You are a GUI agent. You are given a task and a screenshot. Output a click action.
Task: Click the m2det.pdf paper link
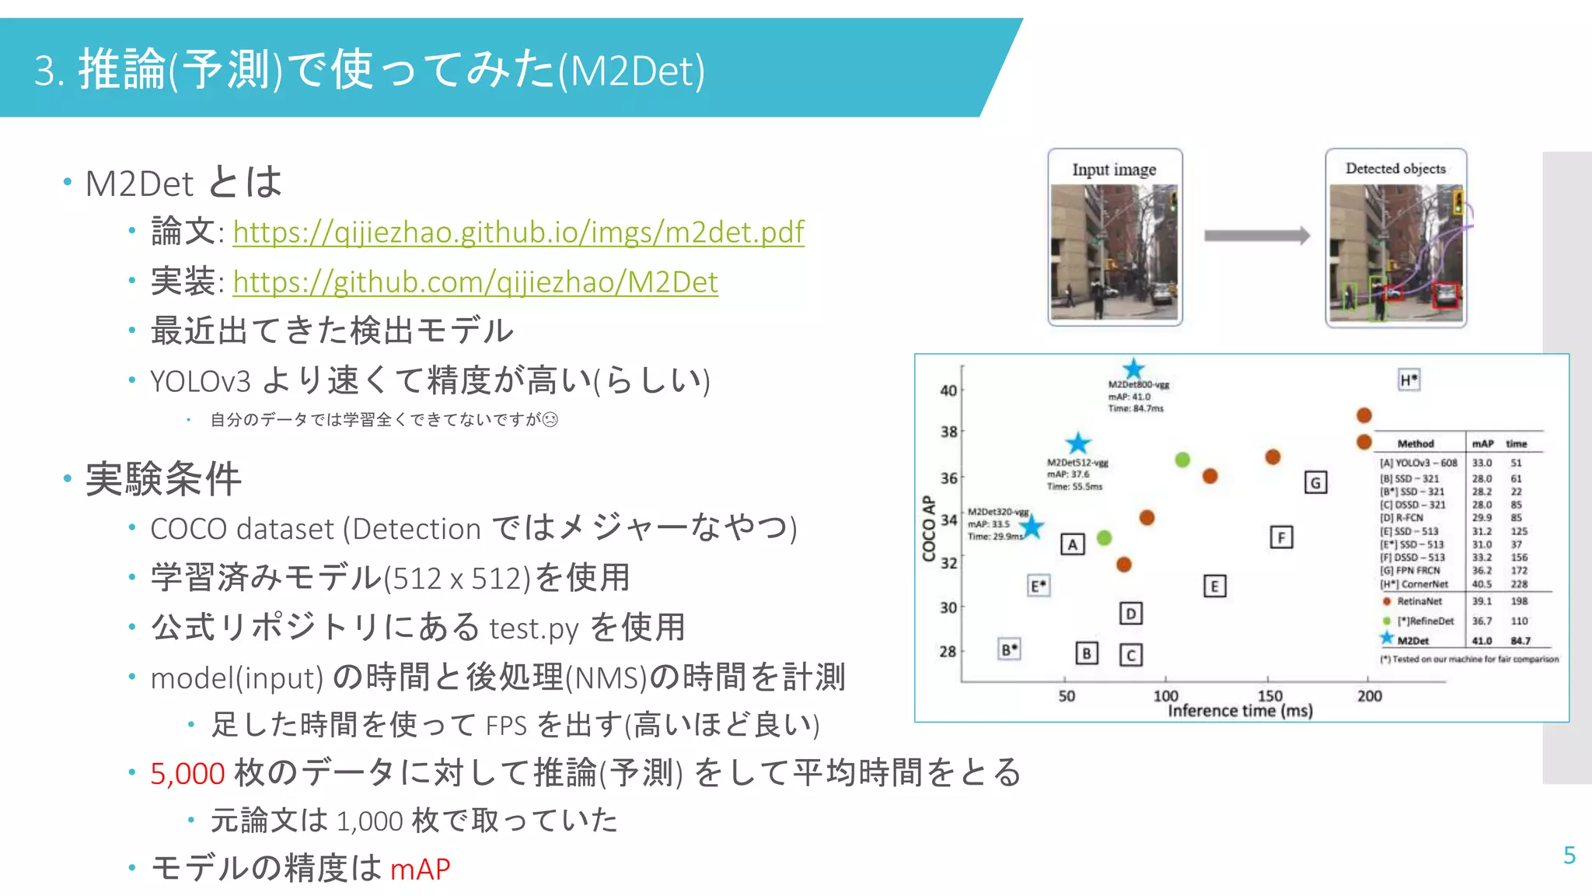click(518, 232)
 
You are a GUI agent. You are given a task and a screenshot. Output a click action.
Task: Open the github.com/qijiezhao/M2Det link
click(475, 282)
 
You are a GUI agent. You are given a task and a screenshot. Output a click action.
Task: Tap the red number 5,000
click(187, 773)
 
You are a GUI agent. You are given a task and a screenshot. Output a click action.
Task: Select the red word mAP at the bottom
click(420, 869)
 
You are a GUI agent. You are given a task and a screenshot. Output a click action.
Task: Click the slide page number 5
click(1569, 856)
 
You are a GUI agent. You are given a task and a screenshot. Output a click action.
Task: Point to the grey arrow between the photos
click(1256, 236)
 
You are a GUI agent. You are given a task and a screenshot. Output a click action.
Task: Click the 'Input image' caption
click(1114, 170)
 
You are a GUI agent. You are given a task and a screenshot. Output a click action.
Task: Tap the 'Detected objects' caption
click(1395, 169)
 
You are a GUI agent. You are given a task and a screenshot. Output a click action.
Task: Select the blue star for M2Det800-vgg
click(1134, 369)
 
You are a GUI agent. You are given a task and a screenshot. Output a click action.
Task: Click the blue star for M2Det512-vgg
click(1078, 443)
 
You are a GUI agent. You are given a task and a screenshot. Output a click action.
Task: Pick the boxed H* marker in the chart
click(1409, 380)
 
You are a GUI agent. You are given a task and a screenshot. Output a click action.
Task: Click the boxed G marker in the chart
click(1315, 483)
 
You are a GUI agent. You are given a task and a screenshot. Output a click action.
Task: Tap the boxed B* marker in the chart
click(1009, 649)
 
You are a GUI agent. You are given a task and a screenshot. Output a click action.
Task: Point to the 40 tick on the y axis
click(948, 390)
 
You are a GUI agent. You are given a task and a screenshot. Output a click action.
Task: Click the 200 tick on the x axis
click(1370, 696)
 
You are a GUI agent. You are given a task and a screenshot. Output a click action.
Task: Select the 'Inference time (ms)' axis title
click(1240, 711)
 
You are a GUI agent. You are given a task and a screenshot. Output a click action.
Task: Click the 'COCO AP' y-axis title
click(929, 528)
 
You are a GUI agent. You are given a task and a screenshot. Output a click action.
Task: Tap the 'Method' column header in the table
click(1416, 443)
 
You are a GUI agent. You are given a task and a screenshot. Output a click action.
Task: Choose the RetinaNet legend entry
click(1419, 601)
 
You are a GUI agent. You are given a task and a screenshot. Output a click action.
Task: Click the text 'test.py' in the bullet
click(533, 628)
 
